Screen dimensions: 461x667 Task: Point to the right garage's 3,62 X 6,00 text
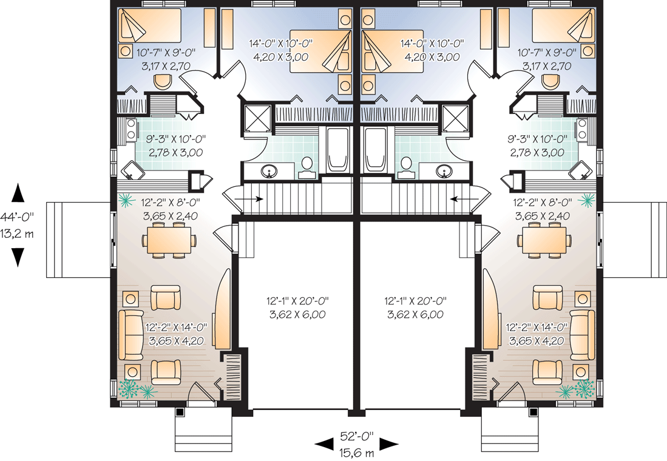pyautogui.click(x=415, y=315)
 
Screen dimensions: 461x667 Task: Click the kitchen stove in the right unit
pyautogui.click(x=581, y=129)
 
